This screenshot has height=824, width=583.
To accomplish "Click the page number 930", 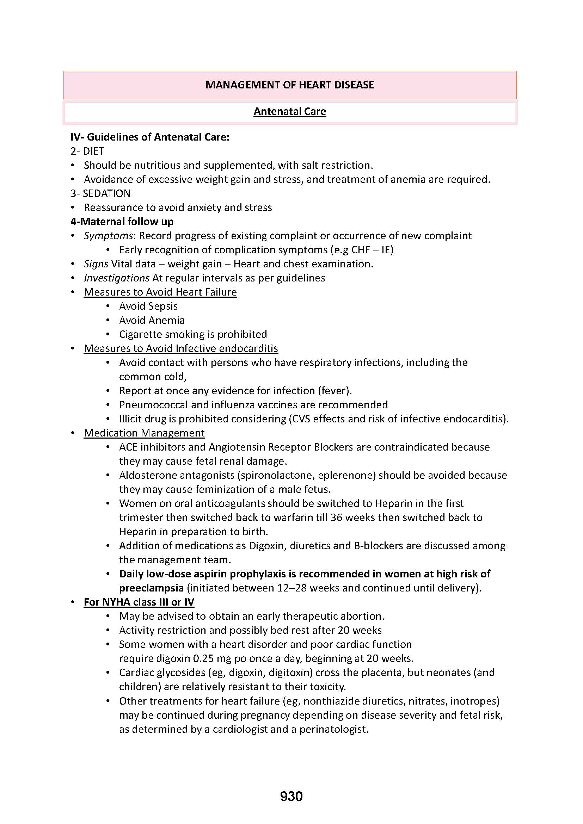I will click(291, 797).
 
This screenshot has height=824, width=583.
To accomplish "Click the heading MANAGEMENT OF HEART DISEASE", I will click(290, 85).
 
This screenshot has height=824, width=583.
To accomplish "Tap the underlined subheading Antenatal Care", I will click(290, 112).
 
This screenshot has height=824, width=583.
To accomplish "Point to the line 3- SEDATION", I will click(100, 193).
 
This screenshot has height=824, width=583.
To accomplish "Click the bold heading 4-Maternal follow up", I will click(122, 222).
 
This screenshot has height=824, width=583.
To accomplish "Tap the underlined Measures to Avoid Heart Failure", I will click(160, 292).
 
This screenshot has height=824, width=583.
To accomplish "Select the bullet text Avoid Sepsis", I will click(148, 306).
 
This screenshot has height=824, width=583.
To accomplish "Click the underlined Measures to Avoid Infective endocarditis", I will click(181, 348).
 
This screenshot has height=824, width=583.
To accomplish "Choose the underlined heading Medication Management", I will click(144, 433).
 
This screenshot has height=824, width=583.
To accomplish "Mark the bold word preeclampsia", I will click(152, 588).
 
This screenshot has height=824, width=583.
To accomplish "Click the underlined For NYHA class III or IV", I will click(139, 602).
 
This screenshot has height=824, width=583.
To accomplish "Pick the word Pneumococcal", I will click(154, 405).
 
